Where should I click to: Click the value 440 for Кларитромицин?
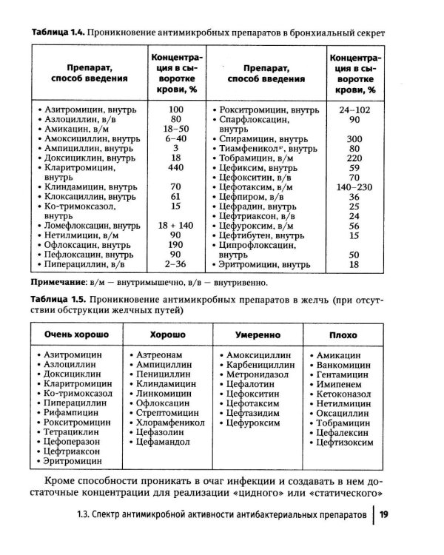[175, 168]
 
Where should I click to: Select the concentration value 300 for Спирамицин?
[354, 139]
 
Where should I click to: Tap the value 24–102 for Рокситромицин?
[354, 109]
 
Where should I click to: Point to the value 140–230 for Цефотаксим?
[354, 187]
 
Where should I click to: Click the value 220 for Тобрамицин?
[354, 158]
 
